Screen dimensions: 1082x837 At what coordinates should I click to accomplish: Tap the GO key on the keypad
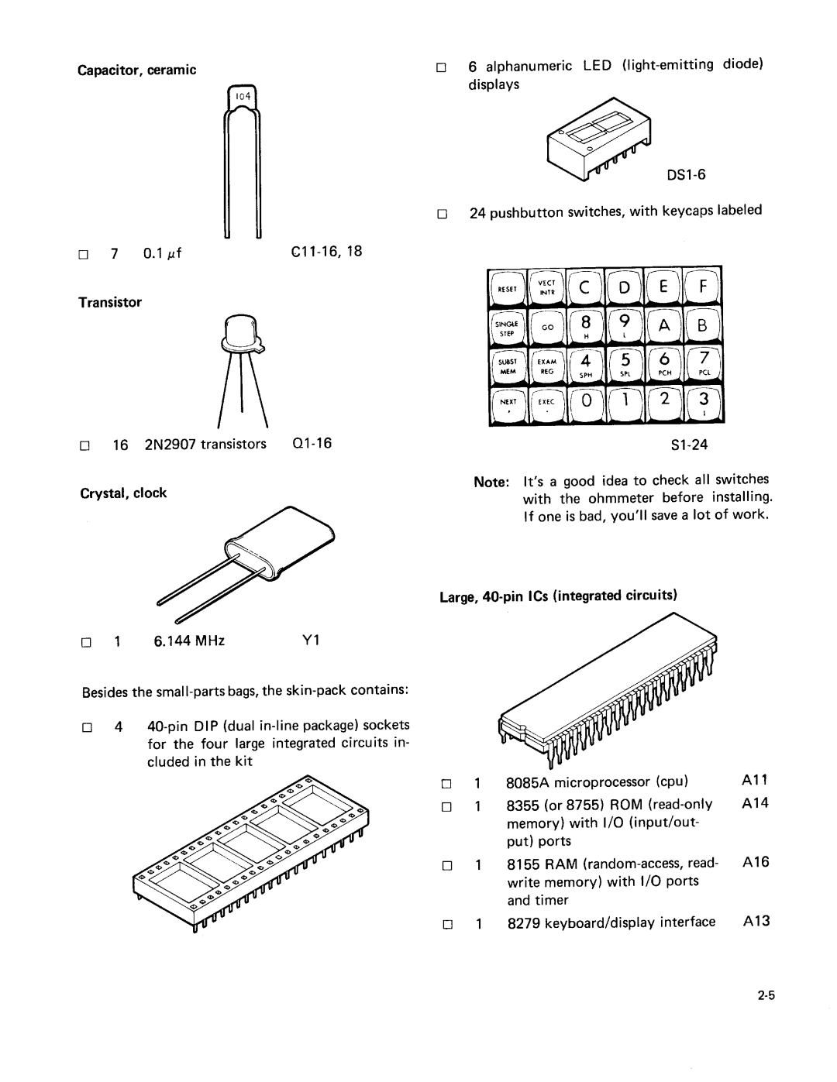pos(547,328)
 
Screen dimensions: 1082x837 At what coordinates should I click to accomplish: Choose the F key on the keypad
pos(703,287)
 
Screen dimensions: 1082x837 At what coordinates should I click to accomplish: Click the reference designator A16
pos(754,862)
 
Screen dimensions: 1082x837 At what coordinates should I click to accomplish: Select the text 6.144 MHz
pos(185,641)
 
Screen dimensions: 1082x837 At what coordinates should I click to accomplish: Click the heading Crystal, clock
pos(122,493)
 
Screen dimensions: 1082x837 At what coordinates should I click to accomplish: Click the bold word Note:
pos(490,481)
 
